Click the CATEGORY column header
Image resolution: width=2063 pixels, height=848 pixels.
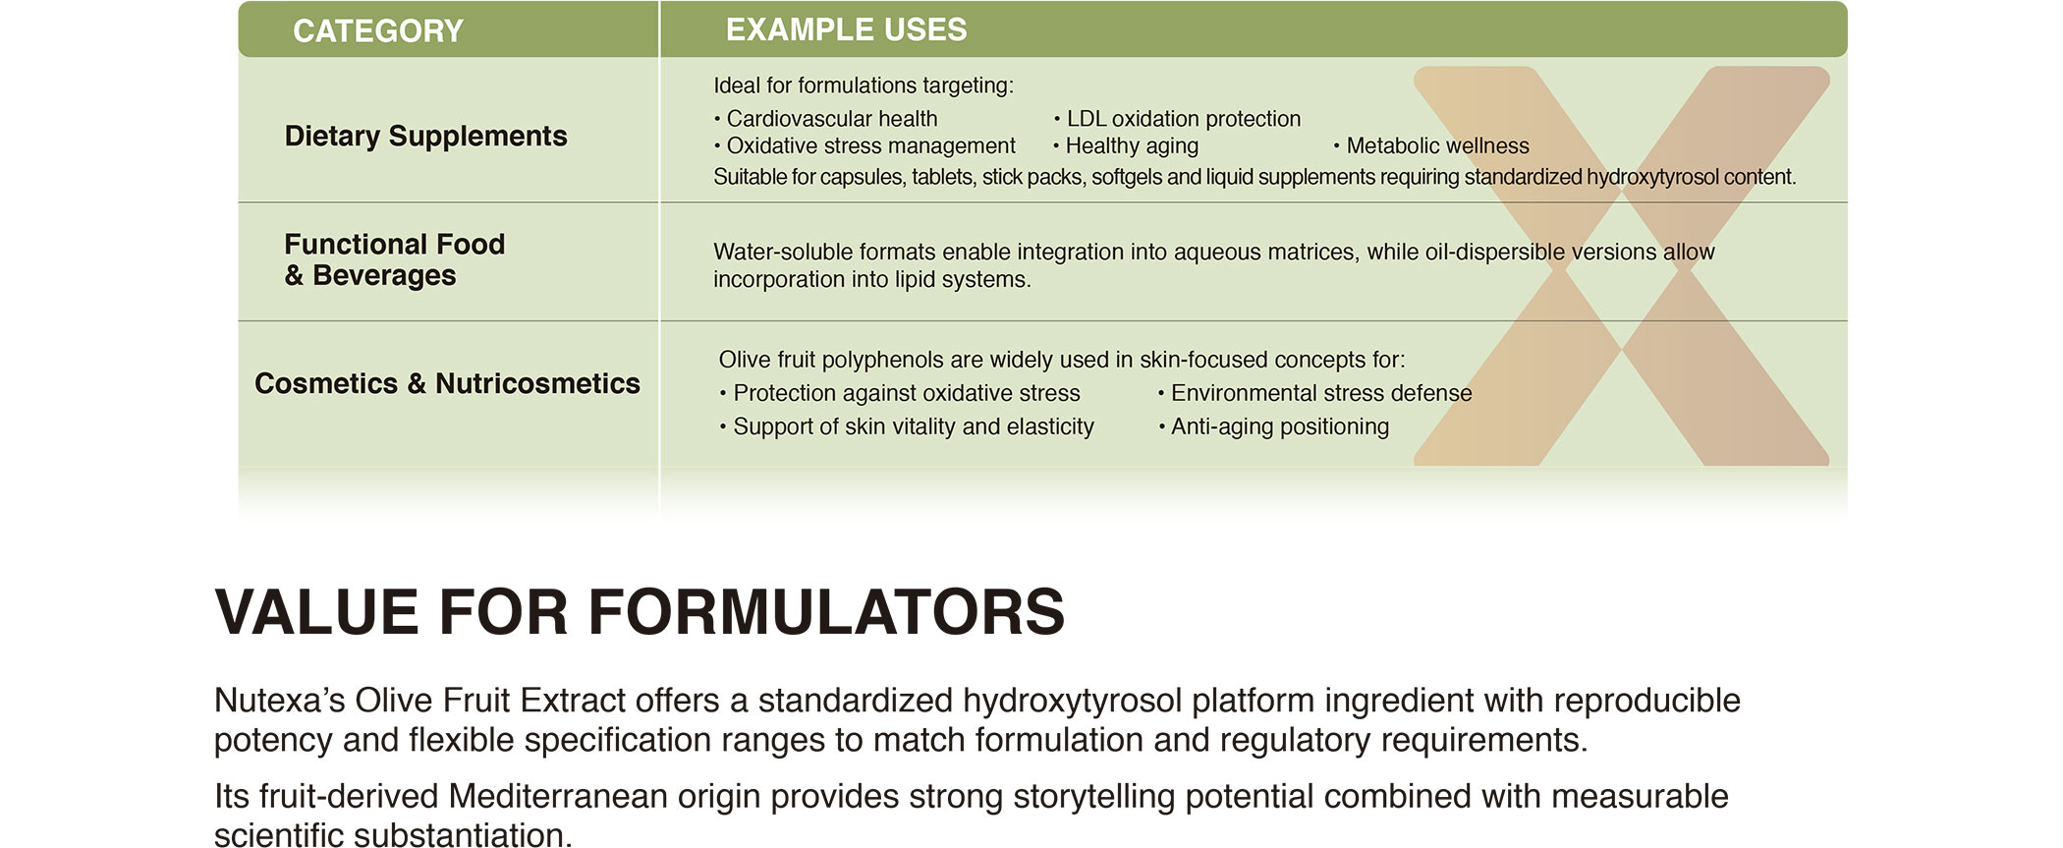[x=378, y=30]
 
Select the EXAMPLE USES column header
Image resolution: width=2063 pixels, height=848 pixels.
[x=846, y=29]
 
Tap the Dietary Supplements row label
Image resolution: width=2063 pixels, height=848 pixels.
[x=425, y=136]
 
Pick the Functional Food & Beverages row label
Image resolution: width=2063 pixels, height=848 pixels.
[x=394, y=259]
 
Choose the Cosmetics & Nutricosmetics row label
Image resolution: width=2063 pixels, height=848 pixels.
[x=447, y=383]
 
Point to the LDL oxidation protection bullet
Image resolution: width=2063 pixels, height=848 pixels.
[x=1178, y=119]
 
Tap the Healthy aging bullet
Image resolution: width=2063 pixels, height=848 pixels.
[x=1127, y=146]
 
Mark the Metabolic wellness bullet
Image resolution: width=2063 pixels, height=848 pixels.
[x=1432, y=146]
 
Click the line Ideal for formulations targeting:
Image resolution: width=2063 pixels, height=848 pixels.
[x=864, y=85]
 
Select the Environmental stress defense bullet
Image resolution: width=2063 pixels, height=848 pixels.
[x=1315, y=393]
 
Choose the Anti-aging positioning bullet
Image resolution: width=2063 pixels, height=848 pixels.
[x=1274, y=426]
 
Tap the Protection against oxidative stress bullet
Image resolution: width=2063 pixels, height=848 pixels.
[x=900, y=393]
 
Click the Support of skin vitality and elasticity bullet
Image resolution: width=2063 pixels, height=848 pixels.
[x=907, y=426]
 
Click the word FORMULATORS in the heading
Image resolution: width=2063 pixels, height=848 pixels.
[x=826, y=612]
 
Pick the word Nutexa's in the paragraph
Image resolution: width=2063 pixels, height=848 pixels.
[x=279, y=701]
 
